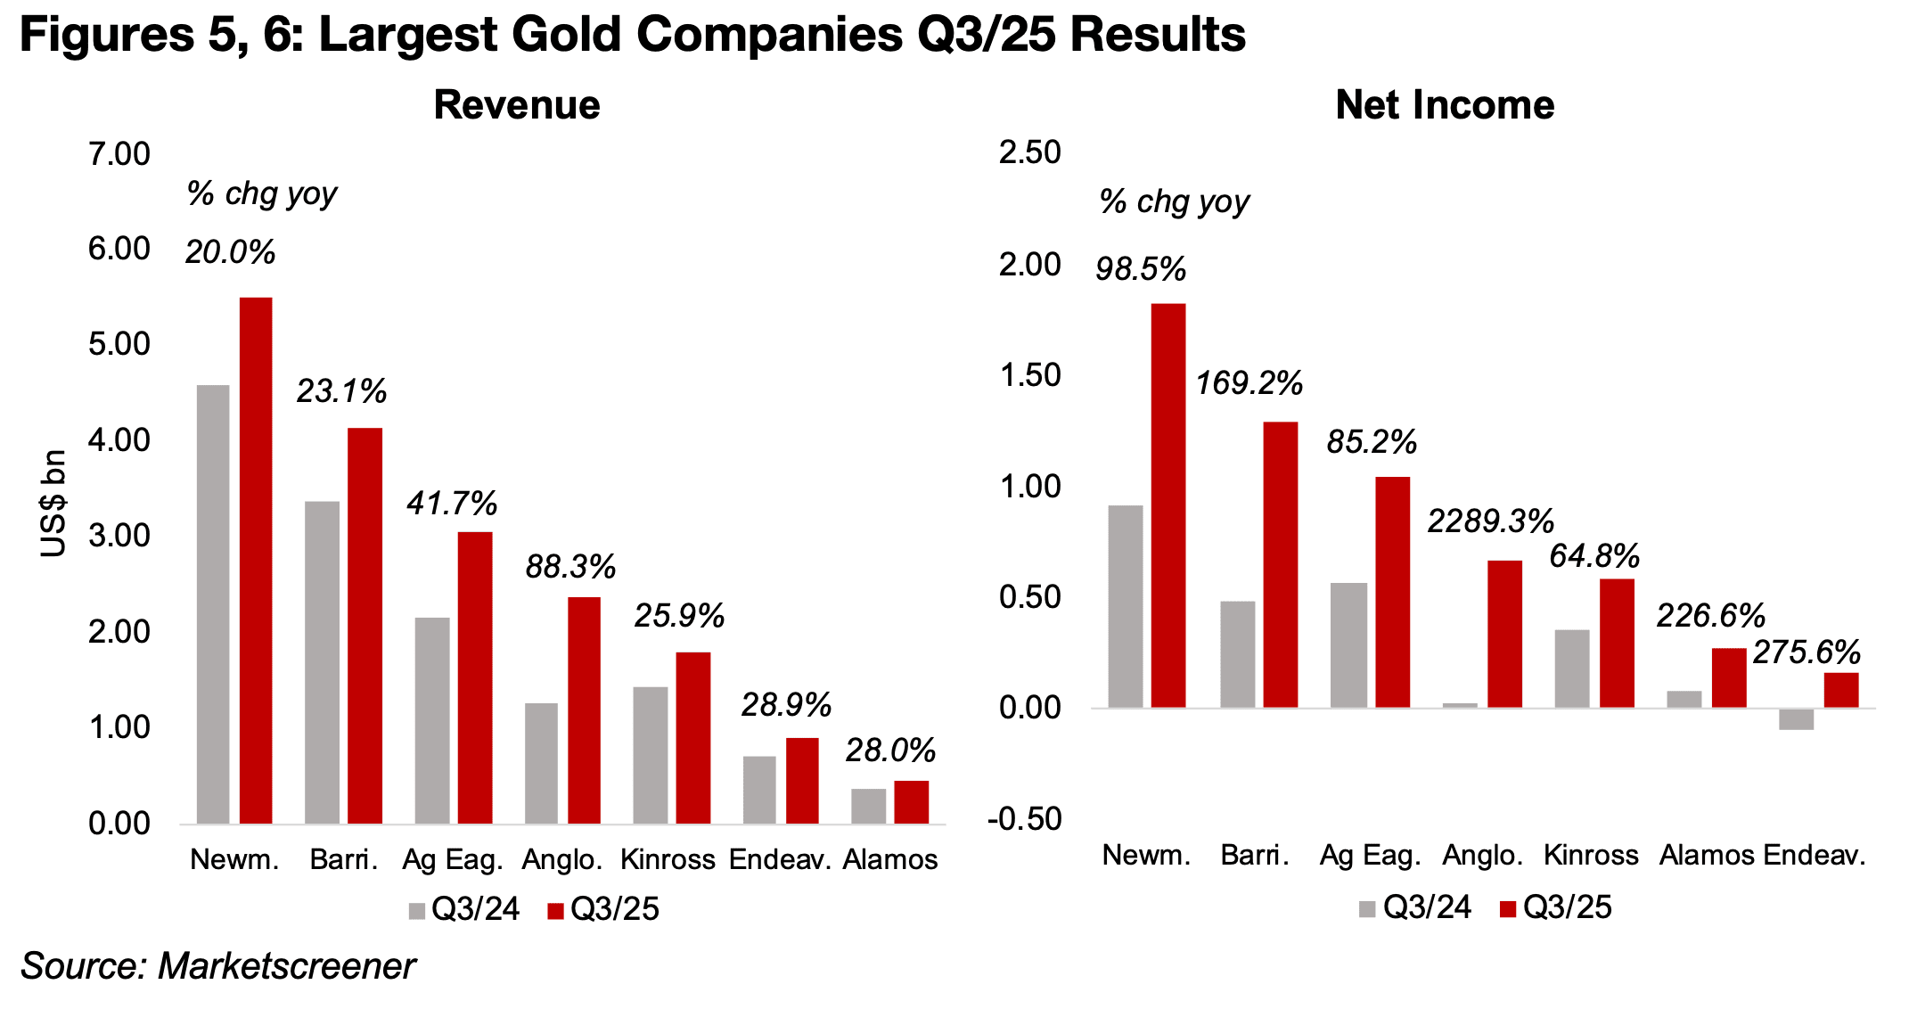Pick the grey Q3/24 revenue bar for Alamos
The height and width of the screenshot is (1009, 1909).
pos(869,806)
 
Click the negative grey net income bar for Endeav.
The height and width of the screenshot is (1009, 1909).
pos(1796,719)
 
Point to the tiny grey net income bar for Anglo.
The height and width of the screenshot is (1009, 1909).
pos(1460,705)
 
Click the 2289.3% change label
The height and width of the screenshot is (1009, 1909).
pos(1490,521)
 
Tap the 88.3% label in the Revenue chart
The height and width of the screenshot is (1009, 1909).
pos(570,567)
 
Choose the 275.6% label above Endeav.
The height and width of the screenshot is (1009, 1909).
pos(1807,652)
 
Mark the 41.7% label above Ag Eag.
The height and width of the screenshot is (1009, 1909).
pos(452,504)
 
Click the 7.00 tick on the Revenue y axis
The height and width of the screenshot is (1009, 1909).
pos(119,154)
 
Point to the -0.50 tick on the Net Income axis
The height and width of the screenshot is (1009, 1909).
pos(1025,819)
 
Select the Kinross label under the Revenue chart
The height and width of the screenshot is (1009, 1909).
pos(668,860)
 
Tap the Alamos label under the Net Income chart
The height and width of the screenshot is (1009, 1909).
pos(1706,856)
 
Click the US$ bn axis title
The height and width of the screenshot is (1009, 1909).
pos(54,504)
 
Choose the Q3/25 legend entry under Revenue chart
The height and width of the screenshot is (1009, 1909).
pos(604,909)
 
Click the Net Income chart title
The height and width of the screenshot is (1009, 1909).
pos(1445,105)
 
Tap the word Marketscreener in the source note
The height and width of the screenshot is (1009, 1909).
pos(286,966)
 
